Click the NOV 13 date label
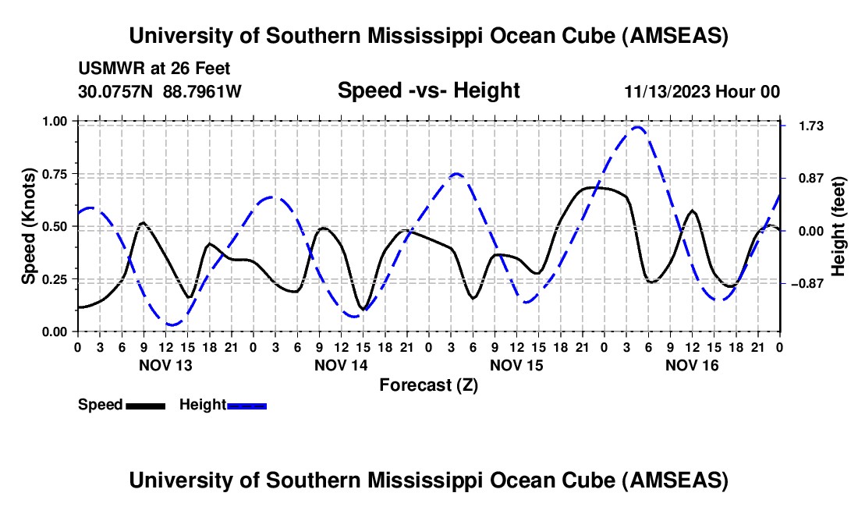click(165, 365)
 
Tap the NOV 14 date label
click(341, 365)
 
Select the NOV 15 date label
click(516, 365)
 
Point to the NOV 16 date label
click(692, 365)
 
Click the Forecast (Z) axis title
click(428, 385)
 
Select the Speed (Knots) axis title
click(29, 226)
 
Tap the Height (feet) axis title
click(838, 226)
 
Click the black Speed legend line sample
click(144, 405)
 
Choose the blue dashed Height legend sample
click(246, 405)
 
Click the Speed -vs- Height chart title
click(428, 90)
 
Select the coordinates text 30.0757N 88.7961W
click(160, 91)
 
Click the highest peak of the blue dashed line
click(638, 126)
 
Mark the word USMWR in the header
click(106, 69)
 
